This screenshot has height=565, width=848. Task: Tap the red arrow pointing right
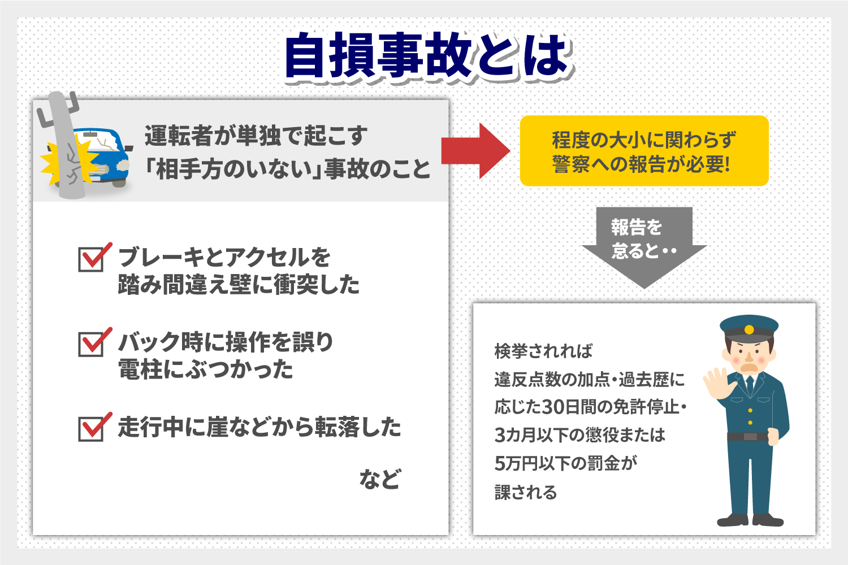pyautogui.click(x=476, y=151)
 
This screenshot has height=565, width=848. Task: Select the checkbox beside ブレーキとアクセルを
pyautogui.click(x=91, y=259)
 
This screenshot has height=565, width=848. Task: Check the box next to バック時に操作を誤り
pyautogui.click(x=91, y=344)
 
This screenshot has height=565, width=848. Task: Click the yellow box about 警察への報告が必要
pyautogui.click(x=644, y=151)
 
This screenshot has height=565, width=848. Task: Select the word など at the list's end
pyautogui.click(x=380, y=479)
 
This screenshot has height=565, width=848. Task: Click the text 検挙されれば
pyautogui.click(x=543, y=351)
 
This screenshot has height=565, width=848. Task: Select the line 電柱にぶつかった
pyautogui.click(x=206, y=370)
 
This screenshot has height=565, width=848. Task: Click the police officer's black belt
pyautogui.click(x=747, y=436)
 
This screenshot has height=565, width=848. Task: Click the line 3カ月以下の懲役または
pyautogui.click(x=579, y=435)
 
